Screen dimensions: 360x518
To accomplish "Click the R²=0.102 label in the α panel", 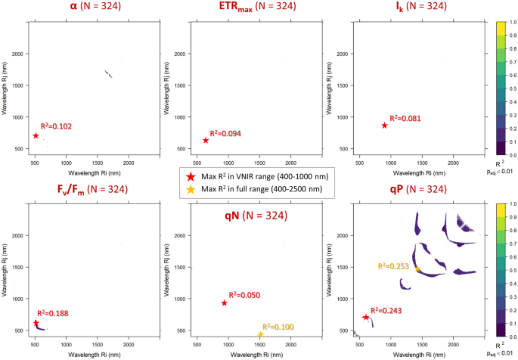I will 57,126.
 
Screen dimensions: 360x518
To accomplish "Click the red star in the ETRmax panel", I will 206,140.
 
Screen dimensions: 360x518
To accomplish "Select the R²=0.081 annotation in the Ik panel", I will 405,118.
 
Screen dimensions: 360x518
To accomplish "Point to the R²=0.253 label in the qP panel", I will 395,266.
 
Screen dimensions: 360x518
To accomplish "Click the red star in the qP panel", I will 366,317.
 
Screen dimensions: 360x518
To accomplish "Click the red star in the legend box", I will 191,175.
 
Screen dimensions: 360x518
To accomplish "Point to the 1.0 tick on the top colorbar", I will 513,23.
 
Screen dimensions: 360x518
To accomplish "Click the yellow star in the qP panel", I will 417,268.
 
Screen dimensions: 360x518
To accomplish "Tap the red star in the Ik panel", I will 384,126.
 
